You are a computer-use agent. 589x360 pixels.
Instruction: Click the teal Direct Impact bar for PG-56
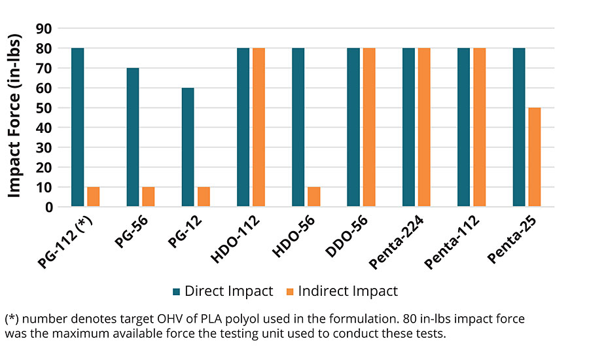pyautogui.click(x=133, y=137)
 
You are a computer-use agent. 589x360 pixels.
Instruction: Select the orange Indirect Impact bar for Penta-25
pyautogui.click(x=535, y=157)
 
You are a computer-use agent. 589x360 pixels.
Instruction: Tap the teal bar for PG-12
pyautogui.click(x=188, y=147)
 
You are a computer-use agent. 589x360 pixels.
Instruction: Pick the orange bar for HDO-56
pyautogui.click(x=314, y=197)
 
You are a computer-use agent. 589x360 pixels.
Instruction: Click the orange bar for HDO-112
pyautogui.click(x=259, y=128)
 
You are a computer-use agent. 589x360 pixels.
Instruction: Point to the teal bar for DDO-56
pyautogui.click(x=353, y=128)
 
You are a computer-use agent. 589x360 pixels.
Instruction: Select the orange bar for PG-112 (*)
pyautogui.click(x=94, y=197)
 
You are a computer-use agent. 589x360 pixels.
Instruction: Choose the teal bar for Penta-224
pyautogui.click(x=408, y=128)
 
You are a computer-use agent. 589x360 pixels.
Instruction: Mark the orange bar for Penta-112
pyautogui.click(x=480, y=128)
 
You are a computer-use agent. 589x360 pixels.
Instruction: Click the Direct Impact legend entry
pyautogui.click(x=223, y=291)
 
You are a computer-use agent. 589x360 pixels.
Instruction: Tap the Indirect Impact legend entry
pyautogui.click(x=342, y=291)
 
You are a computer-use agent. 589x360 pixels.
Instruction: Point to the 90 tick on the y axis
pyautogui.click(x=45, y=29)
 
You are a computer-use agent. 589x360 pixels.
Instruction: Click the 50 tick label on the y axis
pyautogui.click(x=45, y=108)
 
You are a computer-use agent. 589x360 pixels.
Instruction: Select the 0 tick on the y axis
pyautogui.click(x=48, y=207)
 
